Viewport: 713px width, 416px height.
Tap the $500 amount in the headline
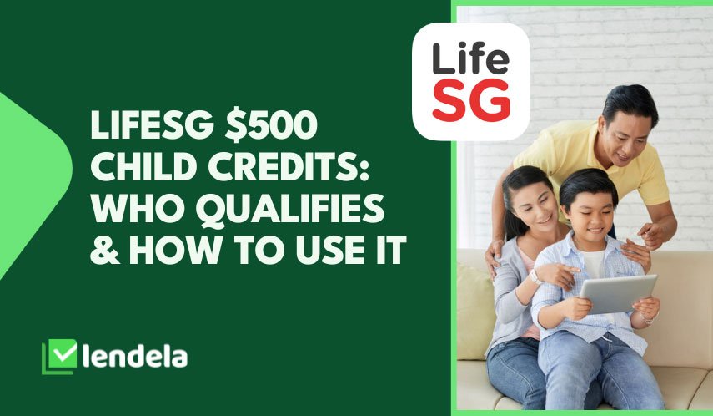[x=271, y=125]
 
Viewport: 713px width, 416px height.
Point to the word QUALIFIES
[x=290, y=210]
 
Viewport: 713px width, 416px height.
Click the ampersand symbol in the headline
[x=105, y=250]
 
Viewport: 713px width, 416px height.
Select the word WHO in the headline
[x=138, y=209]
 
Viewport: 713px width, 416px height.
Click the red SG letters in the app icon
[x=471, y=100]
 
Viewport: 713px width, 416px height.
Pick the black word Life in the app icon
[x=470, y=58]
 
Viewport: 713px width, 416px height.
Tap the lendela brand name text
[x=135, y=358]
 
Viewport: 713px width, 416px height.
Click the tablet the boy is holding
[x=617, y=294]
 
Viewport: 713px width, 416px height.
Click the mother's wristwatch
[x=535, y=276]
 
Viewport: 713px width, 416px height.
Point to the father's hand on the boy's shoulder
[x=636, y=254]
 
